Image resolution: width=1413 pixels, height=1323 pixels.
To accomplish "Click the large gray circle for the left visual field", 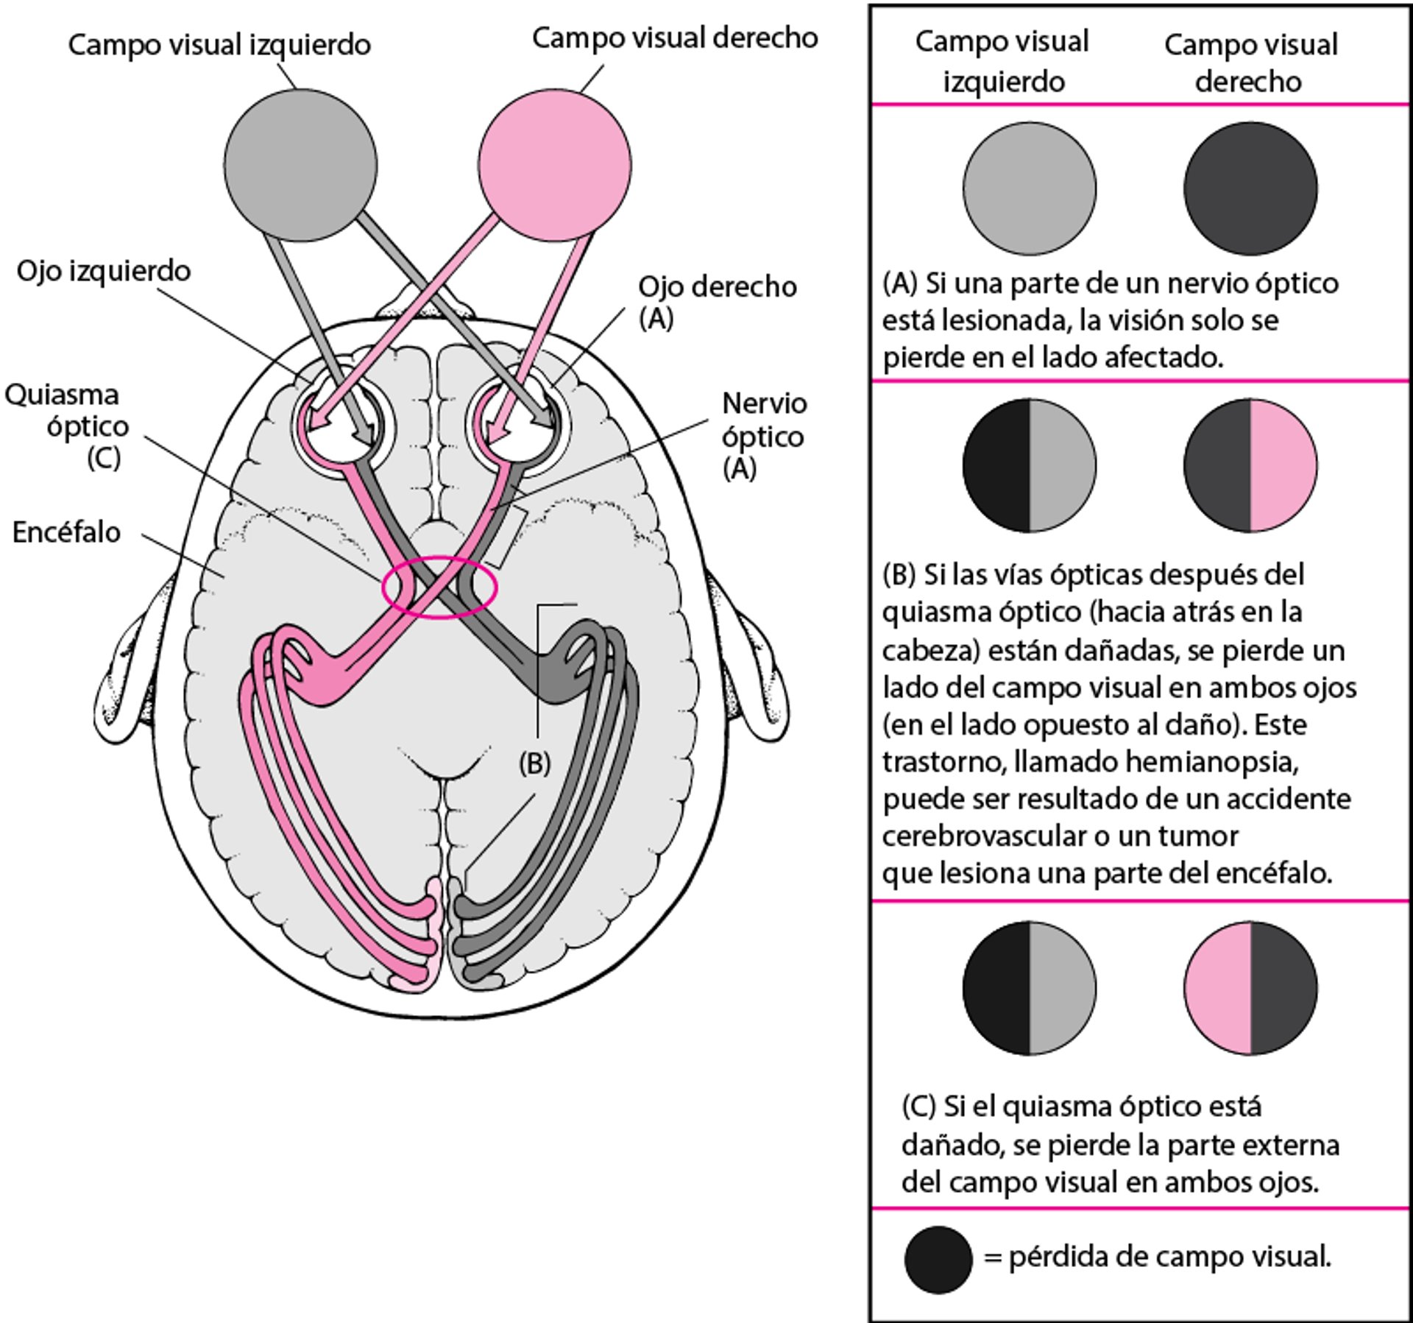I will point(300,165).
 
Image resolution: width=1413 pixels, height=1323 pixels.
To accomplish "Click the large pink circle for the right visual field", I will point(554,165).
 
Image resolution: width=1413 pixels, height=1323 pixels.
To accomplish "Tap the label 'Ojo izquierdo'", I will point(104,271).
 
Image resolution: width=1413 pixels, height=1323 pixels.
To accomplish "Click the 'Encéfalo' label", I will point(66,532).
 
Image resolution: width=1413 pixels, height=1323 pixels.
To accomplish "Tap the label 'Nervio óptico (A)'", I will point(763,436).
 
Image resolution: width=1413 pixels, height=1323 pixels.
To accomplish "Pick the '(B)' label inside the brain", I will point(534,763).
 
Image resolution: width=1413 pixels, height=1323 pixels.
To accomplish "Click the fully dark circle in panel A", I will point(1250,188).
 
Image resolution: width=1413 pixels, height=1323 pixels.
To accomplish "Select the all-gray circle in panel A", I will point(1029,188).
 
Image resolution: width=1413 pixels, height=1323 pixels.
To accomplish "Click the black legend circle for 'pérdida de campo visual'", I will point(938,1260).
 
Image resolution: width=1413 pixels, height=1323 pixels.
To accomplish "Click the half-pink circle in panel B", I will point(1250,465).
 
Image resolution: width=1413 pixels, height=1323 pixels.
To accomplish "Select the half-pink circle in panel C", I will point(1250,988).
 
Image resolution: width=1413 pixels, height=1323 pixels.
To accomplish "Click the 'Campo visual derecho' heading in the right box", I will point(1250,63).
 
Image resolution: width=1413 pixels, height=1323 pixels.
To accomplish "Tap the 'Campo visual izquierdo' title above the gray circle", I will point(219,45).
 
